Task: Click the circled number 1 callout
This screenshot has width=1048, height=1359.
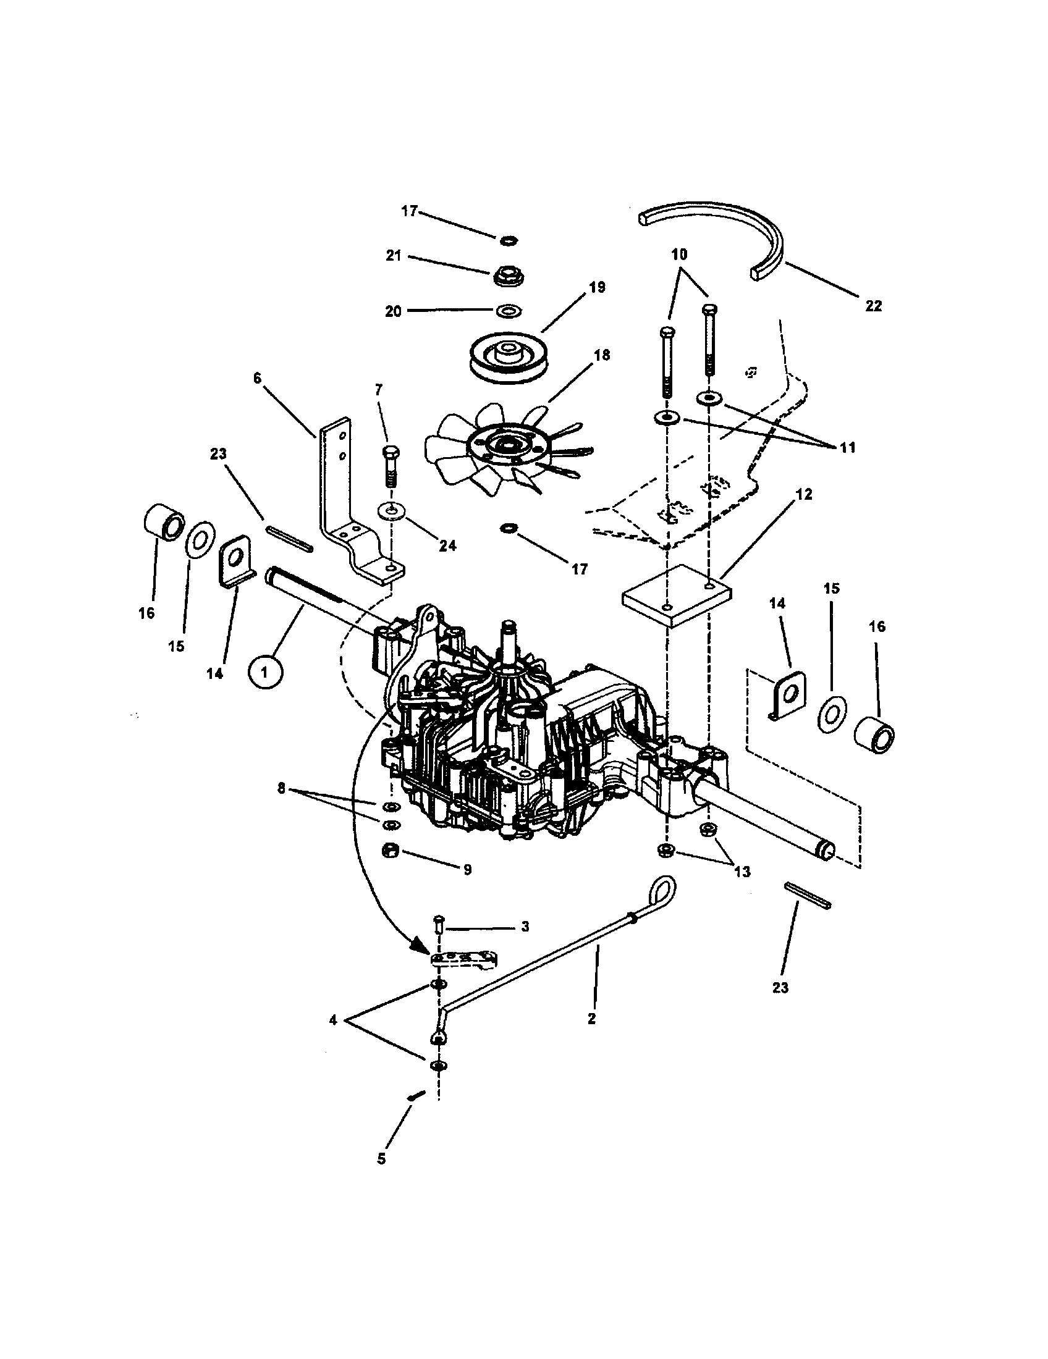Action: pyautogui.click(x=265, y=673)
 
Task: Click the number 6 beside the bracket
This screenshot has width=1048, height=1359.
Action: pyautogui.click(x=258, y=377)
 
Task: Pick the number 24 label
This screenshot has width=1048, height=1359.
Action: pyautogui.click(x=447, y=545)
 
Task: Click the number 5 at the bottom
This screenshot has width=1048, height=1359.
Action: pyautogui.click(x=381, y=1158)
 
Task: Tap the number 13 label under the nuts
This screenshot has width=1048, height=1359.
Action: pyautogui.click(x=742, y=872)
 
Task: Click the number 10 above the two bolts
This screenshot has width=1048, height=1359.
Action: pyautogui.click(x=679, y=255)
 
